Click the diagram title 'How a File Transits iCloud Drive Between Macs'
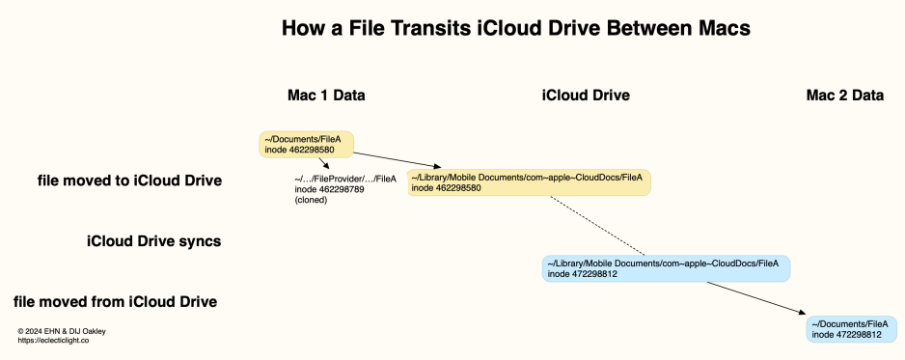[x=515, y=30]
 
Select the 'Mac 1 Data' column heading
[x=326, y=95]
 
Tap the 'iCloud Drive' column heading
[x=586, y=95]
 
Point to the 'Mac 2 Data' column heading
[x=845, y=95]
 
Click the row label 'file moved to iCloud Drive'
[x=129, y=180]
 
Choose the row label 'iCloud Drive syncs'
[x=154, y=241]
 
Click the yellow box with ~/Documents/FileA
[x=306, y=144]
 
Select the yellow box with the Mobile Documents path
[x=528, y=182]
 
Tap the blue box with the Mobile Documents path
[x=666, y=268]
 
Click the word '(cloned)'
[x=312, y=199]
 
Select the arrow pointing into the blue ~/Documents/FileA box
[x=757, y=297]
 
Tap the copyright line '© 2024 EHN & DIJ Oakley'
[x=62, y=331]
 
